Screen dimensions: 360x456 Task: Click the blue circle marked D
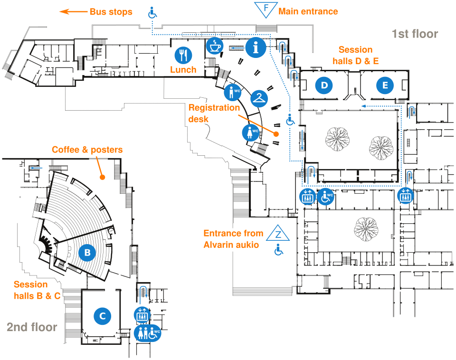point(324,85)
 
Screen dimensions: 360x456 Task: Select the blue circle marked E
point(385,85)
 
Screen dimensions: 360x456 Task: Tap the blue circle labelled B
point(87,253)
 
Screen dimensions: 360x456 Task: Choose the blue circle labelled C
point(102,316)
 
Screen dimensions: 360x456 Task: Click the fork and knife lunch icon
point(183,55)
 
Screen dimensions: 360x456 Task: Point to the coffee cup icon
point(215,46)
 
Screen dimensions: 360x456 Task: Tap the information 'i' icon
point(256,47)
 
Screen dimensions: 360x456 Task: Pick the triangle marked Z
point(279,234)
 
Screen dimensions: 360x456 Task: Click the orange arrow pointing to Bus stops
point(71,12)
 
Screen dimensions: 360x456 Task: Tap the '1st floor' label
point(414,34)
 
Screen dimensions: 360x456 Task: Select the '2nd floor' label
point(32,327)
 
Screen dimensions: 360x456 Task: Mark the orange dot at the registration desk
point(275,135)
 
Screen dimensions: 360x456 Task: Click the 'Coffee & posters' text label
point(87,150)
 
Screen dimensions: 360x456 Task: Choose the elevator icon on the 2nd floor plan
point(142,314)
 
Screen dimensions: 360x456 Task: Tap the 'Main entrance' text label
point(308,11)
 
